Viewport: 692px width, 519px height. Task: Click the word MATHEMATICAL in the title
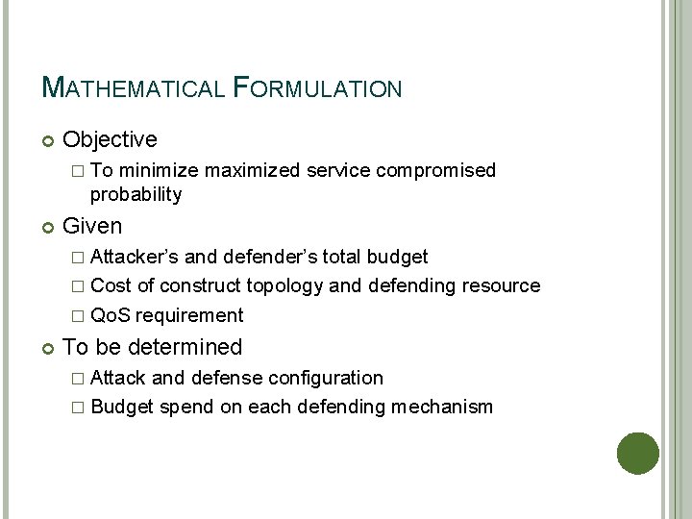134,88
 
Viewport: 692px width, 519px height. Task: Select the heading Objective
110,139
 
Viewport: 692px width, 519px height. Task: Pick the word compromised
436,170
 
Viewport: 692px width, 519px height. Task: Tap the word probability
136,194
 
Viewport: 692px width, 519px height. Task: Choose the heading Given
92,226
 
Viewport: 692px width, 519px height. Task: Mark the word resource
501,285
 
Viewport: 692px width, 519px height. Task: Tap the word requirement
189,315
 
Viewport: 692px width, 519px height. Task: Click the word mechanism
442,407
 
